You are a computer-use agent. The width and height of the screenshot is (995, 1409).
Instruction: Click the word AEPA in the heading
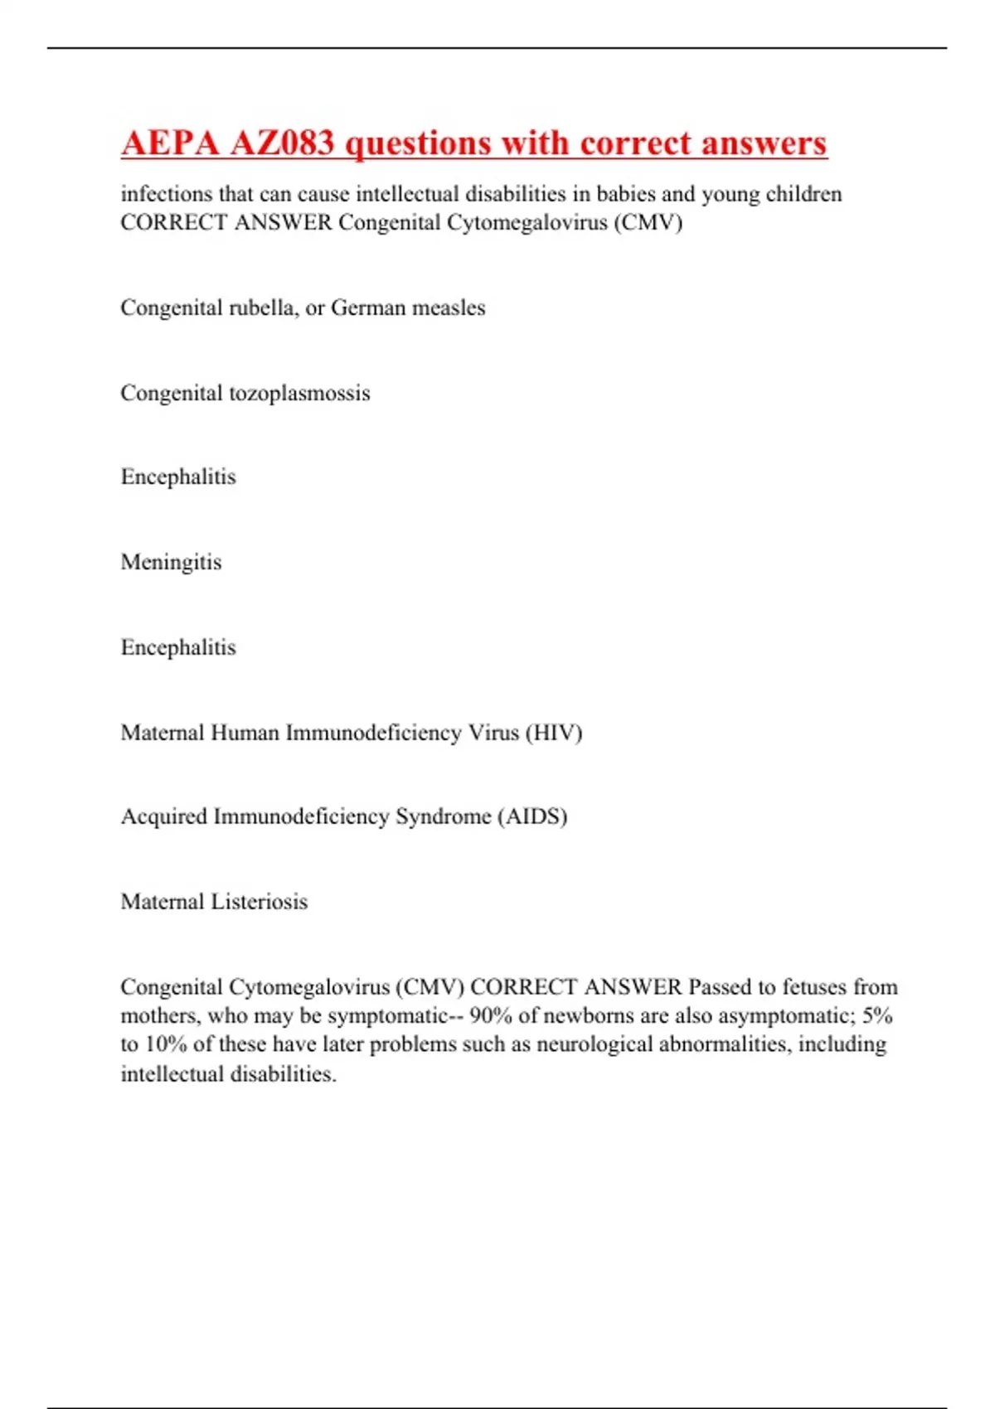[170, 143]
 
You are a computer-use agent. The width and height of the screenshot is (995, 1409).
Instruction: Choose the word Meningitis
[171, 562]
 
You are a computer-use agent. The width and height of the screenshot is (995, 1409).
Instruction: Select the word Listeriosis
[260, 902]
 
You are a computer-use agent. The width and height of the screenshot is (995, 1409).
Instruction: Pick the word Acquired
[163, 816]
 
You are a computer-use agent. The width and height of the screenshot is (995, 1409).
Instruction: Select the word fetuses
[815, 987]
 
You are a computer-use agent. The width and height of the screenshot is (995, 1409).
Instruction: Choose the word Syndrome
[443, 816]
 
